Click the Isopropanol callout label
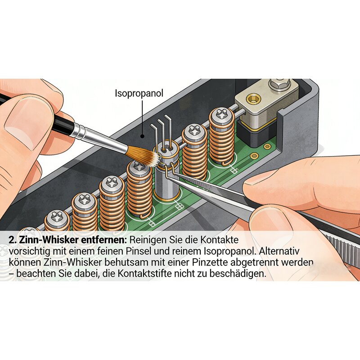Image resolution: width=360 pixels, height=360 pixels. click(139, 94)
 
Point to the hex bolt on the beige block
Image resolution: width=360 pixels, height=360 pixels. click(279, 84)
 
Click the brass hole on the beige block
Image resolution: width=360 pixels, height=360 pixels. click(253, 99)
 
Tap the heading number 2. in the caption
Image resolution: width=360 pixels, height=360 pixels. click(12, 240)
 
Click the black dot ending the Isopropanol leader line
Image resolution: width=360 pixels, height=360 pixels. click(142, 136)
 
